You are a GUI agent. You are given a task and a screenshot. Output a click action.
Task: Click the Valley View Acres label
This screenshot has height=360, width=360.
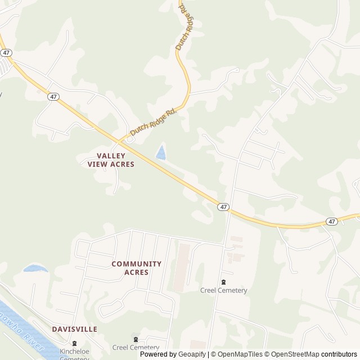[111, 160]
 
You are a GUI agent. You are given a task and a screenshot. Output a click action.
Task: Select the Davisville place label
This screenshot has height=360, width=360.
[74, 329]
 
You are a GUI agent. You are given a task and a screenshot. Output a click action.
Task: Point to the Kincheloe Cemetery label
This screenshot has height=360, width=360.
[74, 354]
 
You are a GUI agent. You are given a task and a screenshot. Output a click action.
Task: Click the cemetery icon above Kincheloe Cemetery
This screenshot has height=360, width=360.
[74, 343]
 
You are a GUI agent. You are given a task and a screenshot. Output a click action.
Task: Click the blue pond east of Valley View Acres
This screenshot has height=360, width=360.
[161, 152]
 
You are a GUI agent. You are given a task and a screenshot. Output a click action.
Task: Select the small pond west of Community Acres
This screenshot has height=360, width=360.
[35, 268]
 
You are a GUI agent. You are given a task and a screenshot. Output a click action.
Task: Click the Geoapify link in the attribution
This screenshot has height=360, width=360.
[192, 354]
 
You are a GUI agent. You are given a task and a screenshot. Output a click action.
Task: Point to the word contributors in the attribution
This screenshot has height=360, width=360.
[339, 354]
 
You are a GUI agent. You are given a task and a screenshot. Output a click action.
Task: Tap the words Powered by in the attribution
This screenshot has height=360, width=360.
[158, 354]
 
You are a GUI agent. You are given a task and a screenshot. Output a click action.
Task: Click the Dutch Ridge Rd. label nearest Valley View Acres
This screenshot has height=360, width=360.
[154, 121]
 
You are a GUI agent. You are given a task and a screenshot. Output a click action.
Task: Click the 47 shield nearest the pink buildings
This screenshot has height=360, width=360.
[224, 207]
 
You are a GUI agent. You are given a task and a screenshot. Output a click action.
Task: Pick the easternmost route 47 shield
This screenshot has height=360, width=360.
[332, 222]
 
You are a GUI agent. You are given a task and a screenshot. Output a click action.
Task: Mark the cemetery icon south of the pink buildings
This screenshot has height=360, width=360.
[223, 282]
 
